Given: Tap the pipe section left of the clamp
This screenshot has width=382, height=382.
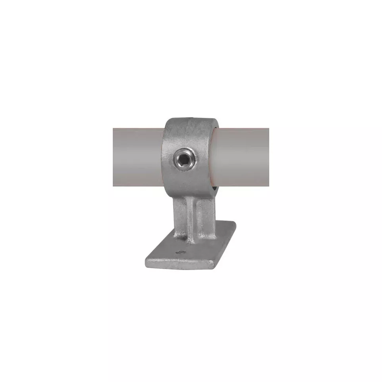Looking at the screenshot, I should (x=137, y=157).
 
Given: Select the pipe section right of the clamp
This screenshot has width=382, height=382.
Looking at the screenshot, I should (x=242, y=157).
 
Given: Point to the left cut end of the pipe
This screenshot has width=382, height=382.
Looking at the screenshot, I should (x=114, y=157).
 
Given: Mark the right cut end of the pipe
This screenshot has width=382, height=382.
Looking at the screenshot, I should (x=268, y=157).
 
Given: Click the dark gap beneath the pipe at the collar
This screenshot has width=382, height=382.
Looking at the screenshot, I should (x=215, y=189).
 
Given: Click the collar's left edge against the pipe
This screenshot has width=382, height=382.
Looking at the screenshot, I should (x=164, y=157).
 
